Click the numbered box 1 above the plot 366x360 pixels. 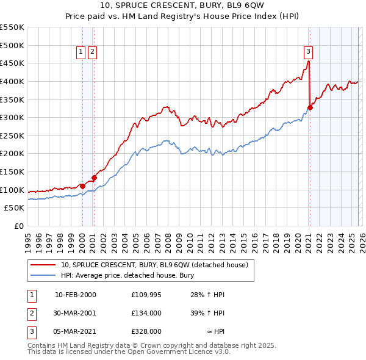point(81,52)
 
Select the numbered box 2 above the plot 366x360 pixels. point(92,52)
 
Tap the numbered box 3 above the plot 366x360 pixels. point(309,52)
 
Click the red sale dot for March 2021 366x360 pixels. point(310,107)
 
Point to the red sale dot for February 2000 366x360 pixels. point(82,186)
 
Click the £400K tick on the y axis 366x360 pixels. point(13,81)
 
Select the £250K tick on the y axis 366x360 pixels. point(13,135)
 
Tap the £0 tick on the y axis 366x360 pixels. point(19,226)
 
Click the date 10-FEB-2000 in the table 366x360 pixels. point(76,295)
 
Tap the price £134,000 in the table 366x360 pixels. point(146,313)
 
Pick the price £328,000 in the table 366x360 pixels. point(146,331)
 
